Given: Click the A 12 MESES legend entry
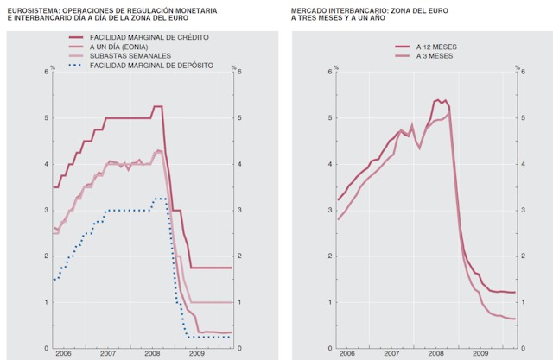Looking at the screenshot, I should click(x=439, y=47).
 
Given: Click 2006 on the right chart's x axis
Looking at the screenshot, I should click(x=347, y=354).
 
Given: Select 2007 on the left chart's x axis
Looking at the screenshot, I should click(x=108, y=354).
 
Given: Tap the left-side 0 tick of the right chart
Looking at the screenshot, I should click(x=329, y=349).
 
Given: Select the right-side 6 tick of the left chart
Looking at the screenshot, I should click(x=238, y=71).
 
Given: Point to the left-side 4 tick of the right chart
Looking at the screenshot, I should click(x=329, y=163).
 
